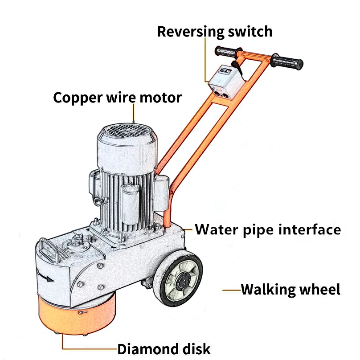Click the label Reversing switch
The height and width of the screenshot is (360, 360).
coord(215,32)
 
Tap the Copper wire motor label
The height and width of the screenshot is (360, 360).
coord(118,97)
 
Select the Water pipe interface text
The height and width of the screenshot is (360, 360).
coord(268,230)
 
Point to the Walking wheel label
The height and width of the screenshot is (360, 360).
coord(290,290)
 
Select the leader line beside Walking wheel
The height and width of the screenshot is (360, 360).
coord(232,290)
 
